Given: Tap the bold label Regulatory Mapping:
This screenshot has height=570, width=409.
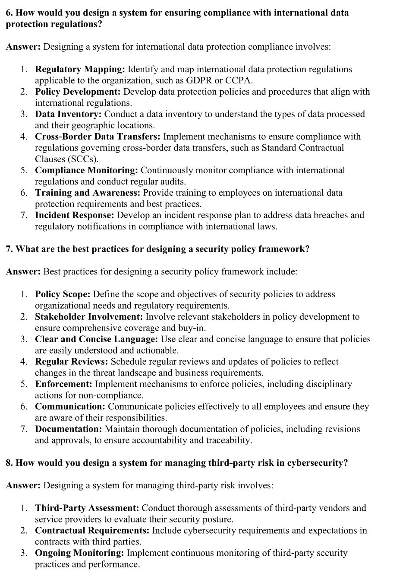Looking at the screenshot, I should [x=80, y=69].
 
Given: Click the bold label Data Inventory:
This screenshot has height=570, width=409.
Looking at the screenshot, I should [x=68, y=114].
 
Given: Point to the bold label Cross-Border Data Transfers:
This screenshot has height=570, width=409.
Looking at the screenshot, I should [x=98, y=137].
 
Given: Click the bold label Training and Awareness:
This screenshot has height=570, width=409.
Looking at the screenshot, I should [x=88, y=193].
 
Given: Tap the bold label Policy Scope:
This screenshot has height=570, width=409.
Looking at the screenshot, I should [x=63, y=294].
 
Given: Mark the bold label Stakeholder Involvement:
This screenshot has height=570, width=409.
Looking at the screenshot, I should [x=86, y=317].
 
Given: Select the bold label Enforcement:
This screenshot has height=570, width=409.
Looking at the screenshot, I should [x=63, y=384].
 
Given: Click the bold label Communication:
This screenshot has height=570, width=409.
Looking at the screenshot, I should [x=70, y=407].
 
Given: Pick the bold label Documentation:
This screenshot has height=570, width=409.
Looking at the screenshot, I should [x=69, y=429].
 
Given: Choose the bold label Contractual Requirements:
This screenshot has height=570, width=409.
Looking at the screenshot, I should [x=92, y=530].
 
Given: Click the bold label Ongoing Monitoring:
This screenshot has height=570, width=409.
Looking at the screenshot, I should [x=79, y=553].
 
